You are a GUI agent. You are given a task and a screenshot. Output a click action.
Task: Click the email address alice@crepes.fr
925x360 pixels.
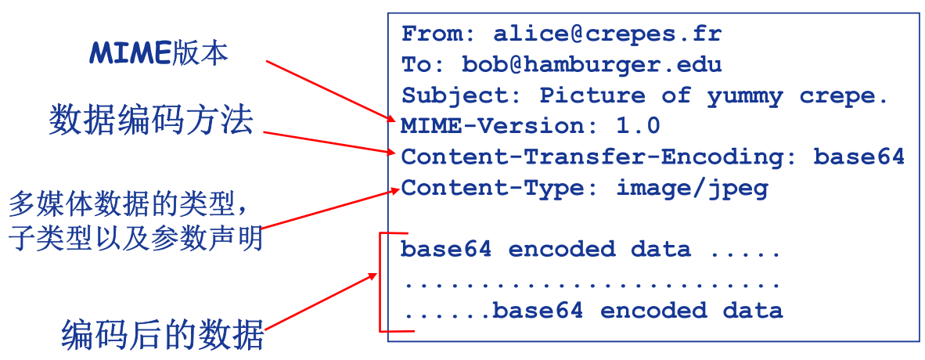coord(607,34)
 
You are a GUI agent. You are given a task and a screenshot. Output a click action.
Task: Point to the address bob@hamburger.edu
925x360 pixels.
coord(592,65)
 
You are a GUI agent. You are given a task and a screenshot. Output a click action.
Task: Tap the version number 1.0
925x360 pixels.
coord(638,126)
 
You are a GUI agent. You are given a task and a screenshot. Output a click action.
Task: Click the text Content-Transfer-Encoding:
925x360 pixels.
coord(599,157)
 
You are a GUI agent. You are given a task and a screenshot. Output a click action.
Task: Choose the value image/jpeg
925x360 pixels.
coord(693,188)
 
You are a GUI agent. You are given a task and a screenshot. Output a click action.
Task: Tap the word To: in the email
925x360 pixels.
coord(423,65)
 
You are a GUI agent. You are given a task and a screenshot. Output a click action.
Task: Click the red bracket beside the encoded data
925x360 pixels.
coord(380,282)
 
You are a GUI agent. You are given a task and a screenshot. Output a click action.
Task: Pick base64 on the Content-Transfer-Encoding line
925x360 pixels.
coord(859,157)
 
